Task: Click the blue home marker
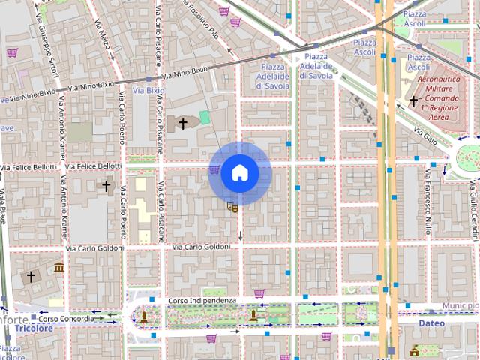point(239,172)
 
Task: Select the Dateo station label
point(432,323)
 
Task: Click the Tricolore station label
point(34,328)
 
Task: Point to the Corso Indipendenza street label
point(202,301)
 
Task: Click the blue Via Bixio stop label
point(148,90)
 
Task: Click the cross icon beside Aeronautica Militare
point(412,100)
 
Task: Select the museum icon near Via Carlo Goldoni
point(58,268)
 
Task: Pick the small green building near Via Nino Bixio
point(205,118)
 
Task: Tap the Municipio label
point(460,306)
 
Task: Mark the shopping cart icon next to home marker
point(214,170)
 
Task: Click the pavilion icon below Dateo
point(414,350)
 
